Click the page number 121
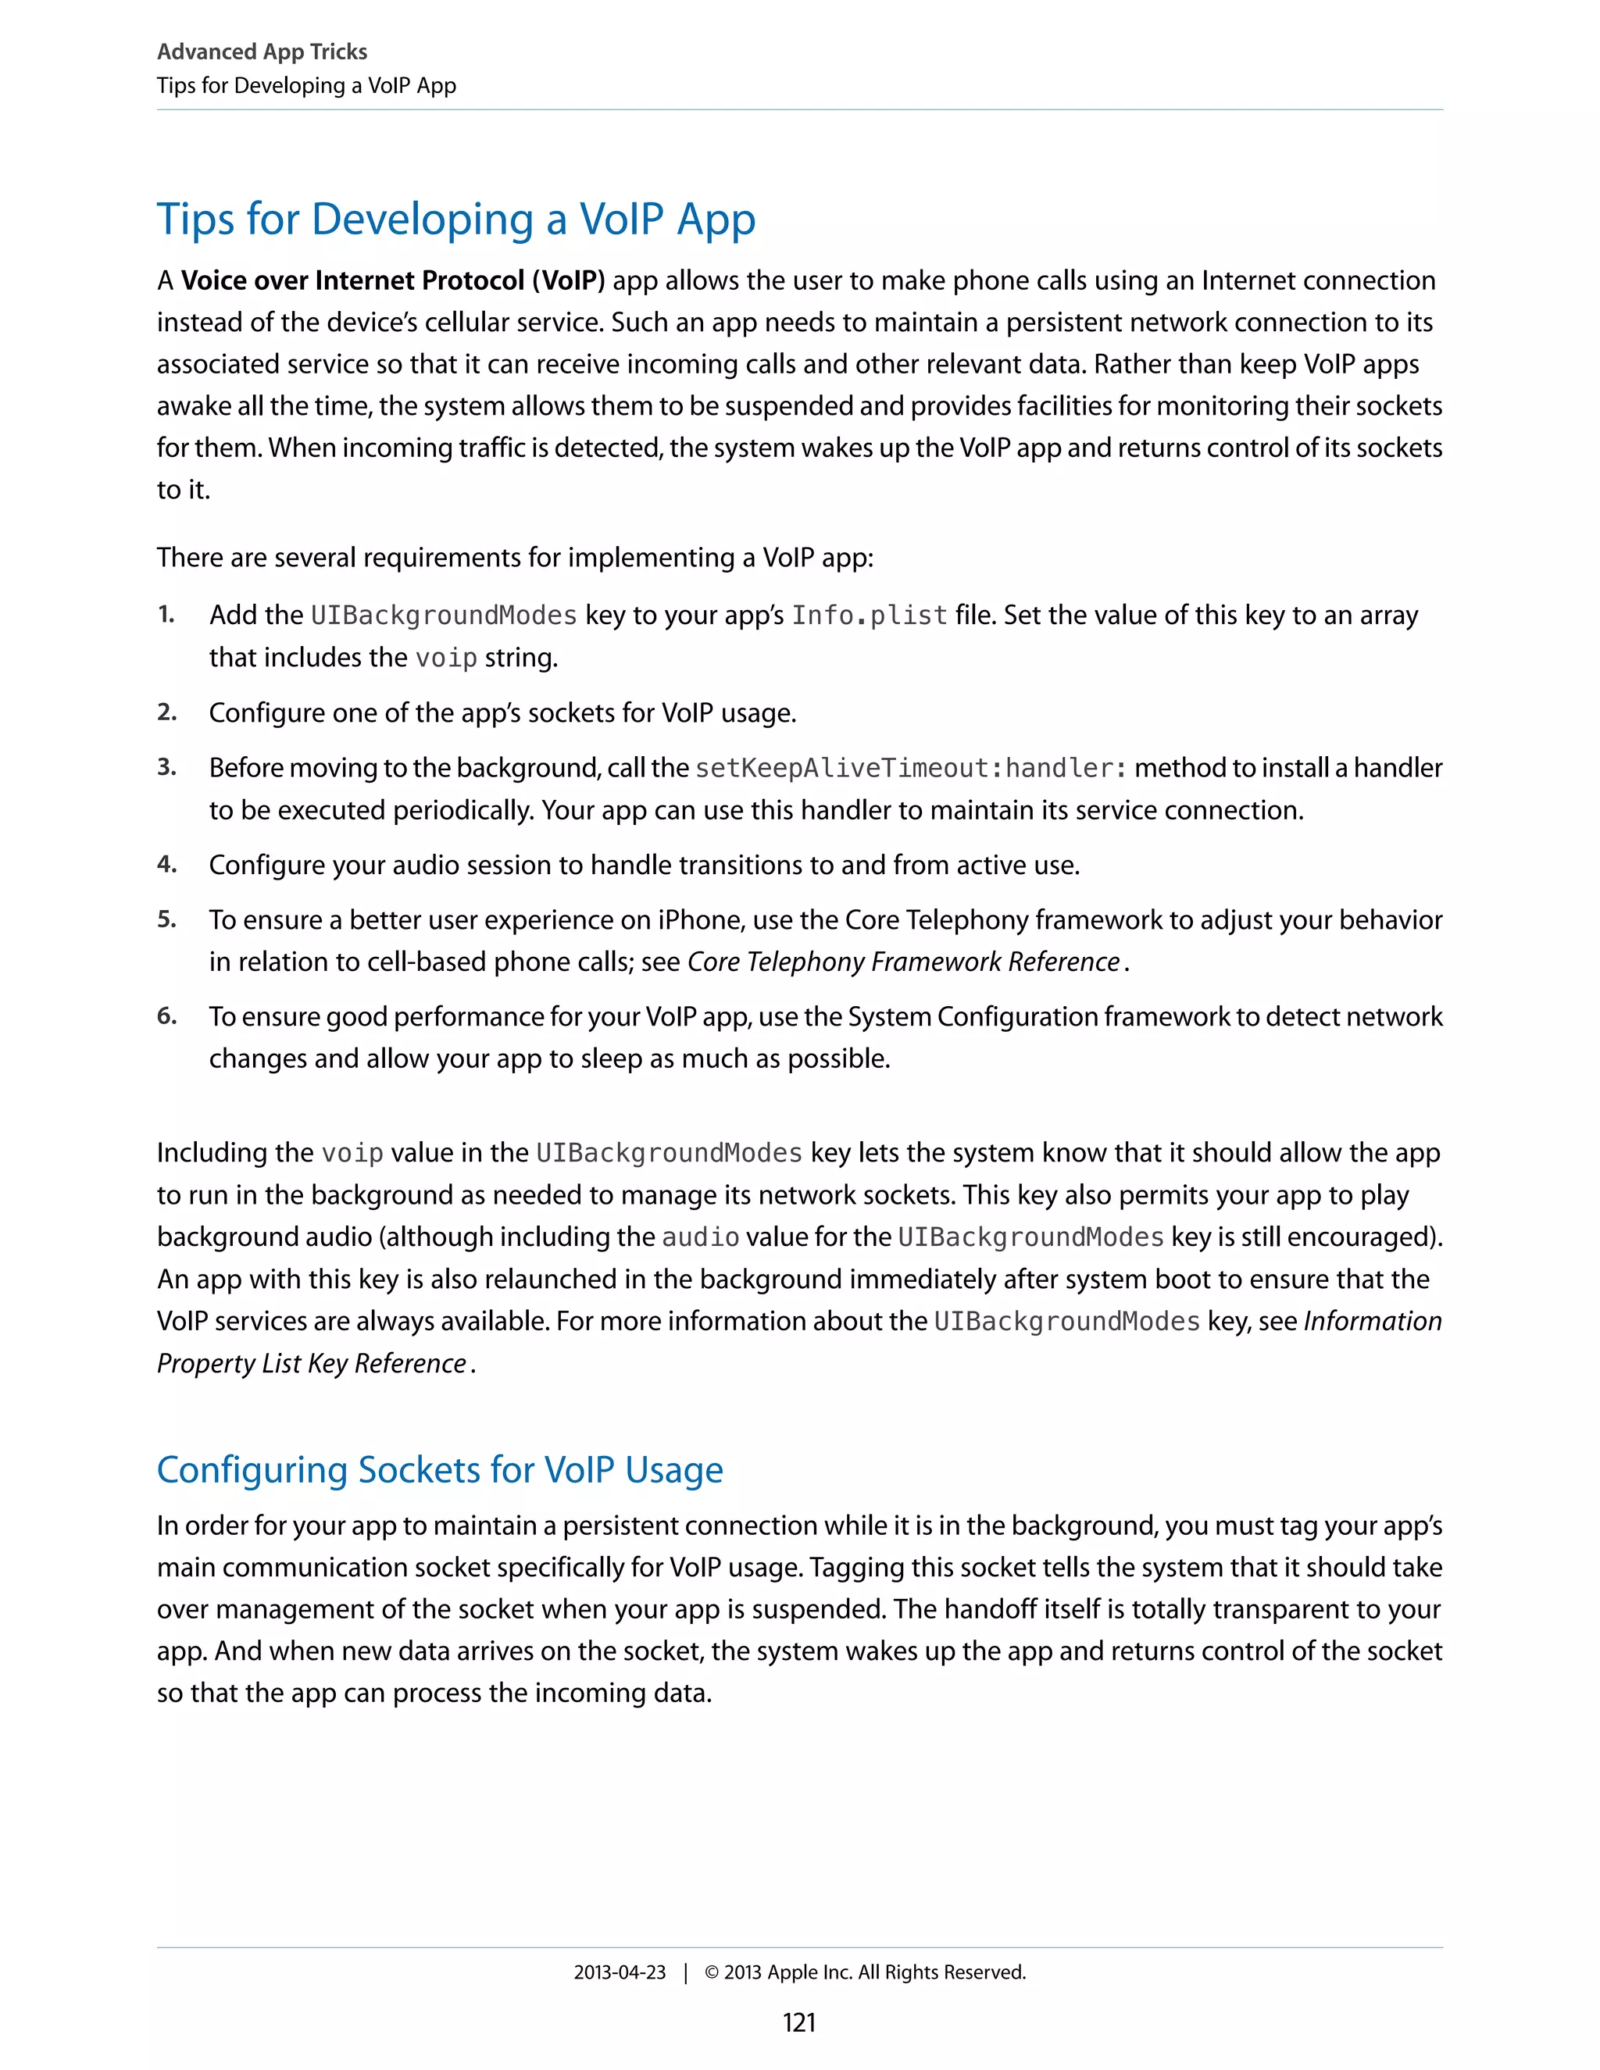[799, 2022]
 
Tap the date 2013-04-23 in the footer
[619, 1972]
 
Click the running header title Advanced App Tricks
[262, 52]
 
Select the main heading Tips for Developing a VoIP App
[456, 219]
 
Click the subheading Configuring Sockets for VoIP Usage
[440, 1469]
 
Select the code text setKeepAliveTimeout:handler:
[911, 768]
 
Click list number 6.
[167, 1015]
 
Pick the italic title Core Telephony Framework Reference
[903, 962]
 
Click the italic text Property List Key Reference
[312, 1363]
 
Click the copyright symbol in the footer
[712, 1972]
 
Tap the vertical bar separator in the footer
[685, 1972]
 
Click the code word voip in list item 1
[445, 658]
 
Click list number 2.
[167, 711]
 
